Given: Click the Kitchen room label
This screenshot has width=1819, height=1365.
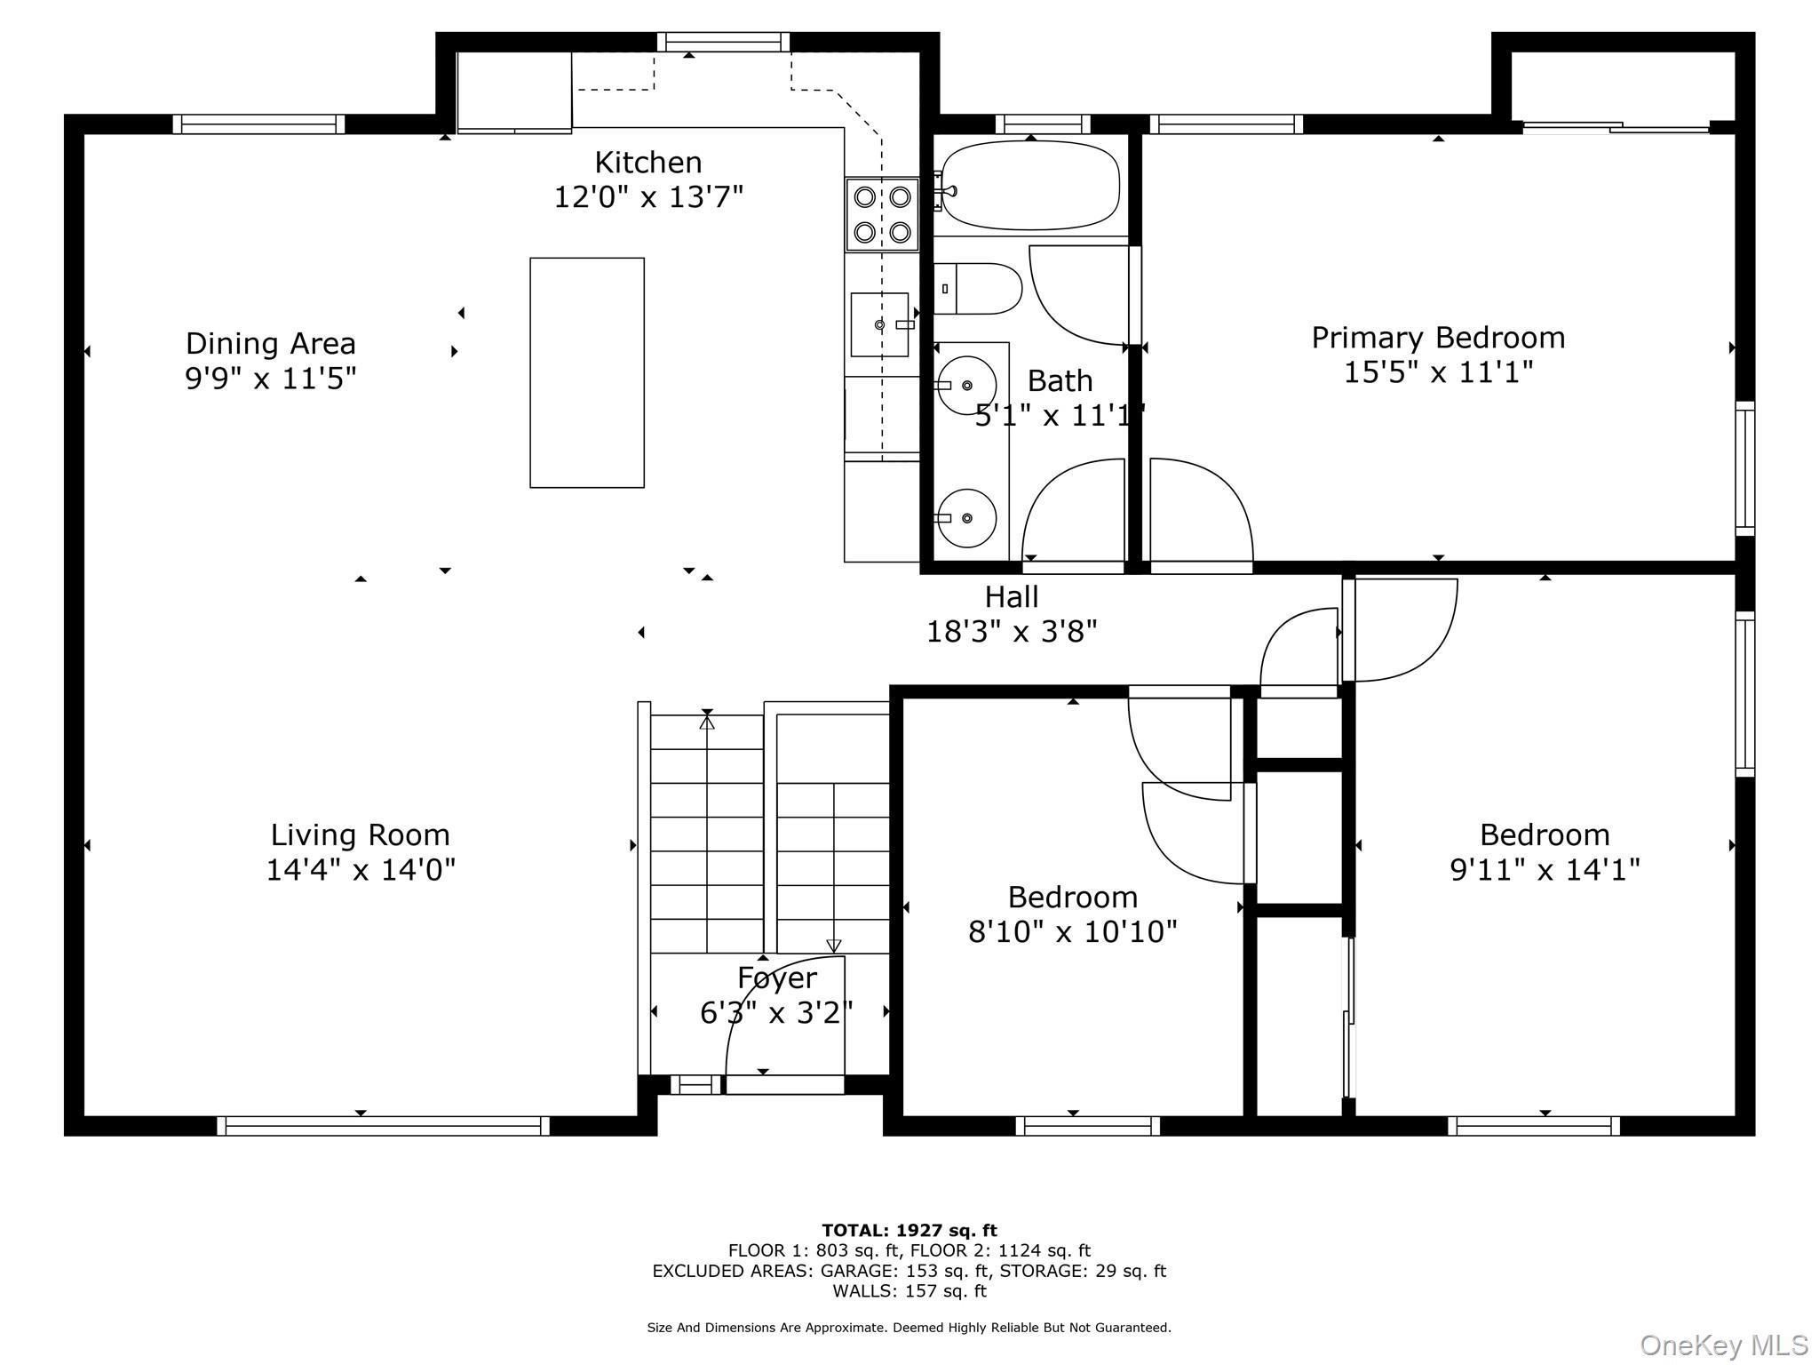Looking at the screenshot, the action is click(647, 163).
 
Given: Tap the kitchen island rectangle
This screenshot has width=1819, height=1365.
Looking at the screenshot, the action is click(587, 372).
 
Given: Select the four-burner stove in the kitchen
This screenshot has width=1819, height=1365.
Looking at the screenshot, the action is click(882, 214).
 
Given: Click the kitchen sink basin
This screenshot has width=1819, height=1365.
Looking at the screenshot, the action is click(880, 324).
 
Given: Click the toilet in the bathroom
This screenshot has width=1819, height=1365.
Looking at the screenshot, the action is click(978, 289).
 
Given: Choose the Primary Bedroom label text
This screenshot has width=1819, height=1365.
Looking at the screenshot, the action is click(1438, 338).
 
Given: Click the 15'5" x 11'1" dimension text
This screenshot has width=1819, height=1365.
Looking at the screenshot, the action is click(1438, 371).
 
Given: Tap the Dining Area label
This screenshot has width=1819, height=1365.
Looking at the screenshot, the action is click(271, 344).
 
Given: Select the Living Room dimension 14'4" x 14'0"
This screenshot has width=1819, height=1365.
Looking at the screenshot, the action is click(361, 869).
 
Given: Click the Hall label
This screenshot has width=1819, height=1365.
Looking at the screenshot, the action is click(1012, 596).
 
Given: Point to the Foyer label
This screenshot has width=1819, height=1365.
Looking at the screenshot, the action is click(777, 978).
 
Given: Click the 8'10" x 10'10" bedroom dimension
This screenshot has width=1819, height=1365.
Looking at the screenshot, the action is click(1073, 931).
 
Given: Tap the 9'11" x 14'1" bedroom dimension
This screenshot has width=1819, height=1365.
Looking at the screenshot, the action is click(1545, 869).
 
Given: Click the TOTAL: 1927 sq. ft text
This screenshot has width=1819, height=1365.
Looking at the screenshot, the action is click(909, 1231).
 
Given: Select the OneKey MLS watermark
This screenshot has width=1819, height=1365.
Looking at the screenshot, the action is click(1724, 1345).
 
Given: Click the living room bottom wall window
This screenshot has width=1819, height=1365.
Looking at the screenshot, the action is click(384, 1126).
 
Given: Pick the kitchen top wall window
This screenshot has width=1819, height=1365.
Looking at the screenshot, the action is click(724, 42).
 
